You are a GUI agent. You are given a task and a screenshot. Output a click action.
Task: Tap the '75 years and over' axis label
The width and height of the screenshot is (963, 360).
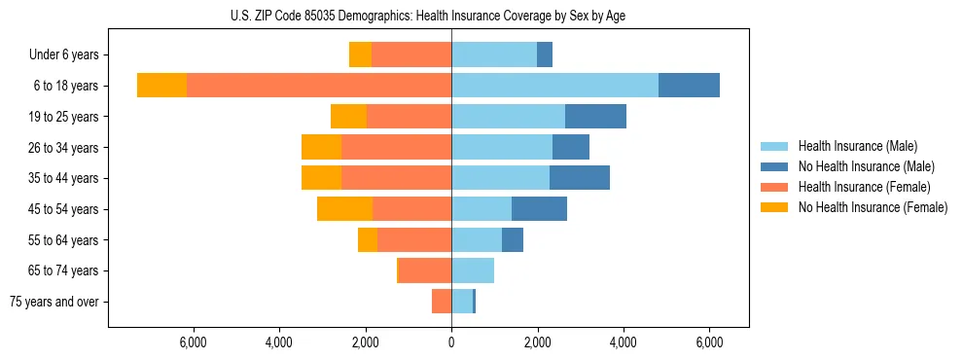(x=53, y=302)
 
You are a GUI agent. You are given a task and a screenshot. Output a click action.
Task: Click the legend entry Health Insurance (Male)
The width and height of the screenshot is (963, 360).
(x=856, y=146)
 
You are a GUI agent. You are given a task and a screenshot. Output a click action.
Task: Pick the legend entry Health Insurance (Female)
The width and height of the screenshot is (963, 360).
(x=865, y=187)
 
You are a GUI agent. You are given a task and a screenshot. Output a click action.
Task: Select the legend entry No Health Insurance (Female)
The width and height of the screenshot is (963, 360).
(x=873, y=207)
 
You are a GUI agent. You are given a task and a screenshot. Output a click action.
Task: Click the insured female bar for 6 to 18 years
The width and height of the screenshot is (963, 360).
(x=318, y=86)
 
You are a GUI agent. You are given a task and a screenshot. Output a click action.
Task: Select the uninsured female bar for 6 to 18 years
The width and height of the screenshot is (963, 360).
(x=161, y=86)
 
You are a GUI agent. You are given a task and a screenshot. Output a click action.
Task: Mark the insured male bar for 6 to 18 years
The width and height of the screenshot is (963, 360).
(x=554, y=86)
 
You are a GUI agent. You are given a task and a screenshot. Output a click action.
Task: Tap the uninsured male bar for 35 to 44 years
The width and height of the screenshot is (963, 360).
(x=580, y=178)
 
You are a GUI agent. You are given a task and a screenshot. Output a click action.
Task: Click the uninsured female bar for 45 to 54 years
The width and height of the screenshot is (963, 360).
(x=344, y=209)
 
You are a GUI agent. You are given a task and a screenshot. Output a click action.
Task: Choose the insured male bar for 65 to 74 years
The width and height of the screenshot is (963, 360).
(x=473, y=270)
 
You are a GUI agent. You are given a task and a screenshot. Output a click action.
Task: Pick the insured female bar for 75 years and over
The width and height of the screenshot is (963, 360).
(x=442, y=302)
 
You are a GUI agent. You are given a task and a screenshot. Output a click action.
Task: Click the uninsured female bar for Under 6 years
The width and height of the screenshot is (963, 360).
(x=360, y=55)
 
